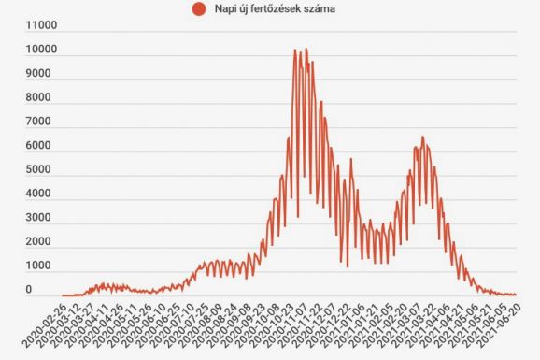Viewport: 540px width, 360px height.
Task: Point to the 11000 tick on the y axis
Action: click(41, 25)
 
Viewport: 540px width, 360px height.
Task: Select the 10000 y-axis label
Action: click(41, 50)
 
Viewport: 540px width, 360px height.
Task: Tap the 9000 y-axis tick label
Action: click(42, 74)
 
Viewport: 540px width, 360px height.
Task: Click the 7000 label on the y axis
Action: click(42, 122)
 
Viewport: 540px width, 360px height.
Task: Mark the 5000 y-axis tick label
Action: click(42, 170)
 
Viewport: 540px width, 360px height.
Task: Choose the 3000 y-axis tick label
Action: click(42, 219)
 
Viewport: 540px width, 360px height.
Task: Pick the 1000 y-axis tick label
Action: click(42, 267)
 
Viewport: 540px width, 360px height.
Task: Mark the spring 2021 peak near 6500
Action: click(422, 137)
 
